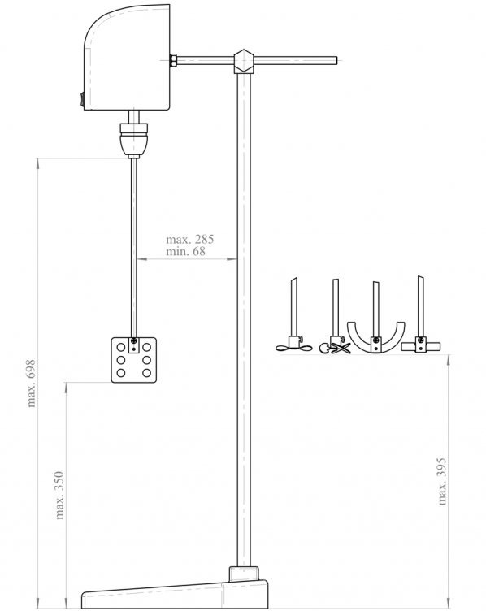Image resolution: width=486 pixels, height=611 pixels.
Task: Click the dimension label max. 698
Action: coord(31,383)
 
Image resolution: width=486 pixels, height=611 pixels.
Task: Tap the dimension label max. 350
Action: coord(59,496)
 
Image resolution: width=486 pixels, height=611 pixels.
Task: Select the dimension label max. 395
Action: coord(441,482)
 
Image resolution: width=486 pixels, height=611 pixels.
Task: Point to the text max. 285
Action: coord(190,239)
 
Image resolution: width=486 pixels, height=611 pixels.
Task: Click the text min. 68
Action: coord(185,251)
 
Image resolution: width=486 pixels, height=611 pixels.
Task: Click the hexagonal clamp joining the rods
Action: coord(244,61)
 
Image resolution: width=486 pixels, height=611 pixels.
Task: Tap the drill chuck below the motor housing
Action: coord(133,140)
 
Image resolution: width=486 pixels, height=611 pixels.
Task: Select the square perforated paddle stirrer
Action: coord(133,360)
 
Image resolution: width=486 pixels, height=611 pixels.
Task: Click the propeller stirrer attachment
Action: coord(294,345)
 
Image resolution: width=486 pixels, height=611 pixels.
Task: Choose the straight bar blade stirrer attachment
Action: coord(420,345)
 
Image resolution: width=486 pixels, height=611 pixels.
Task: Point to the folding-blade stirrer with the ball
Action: coord(335,345)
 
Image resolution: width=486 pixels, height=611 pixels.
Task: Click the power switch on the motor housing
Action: coord(82,99)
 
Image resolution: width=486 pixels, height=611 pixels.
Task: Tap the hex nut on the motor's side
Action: coord(173,61)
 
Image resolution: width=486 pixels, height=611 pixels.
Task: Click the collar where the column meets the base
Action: coord(244,574)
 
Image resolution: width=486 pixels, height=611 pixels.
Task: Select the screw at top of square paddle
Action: coord(134,340)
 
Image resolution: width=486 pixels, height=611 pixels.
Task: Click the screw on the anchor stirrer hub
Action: coord(375,340)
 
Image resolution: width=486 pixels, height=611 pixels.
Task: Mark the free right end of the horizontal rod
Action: coord(336,60)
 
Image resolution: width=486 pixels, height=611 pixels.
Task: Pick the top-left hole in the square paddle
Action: coord(121,347)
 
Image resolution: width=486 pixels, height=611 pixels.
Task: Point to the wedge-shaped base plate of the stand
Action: coord(175,595)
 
